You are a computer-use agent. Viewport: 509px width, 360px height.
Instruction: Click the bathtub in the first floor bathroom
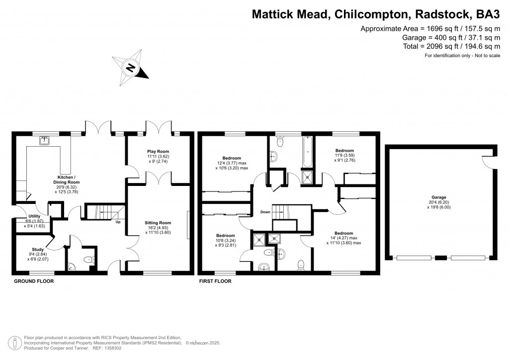click(x=307, y=152)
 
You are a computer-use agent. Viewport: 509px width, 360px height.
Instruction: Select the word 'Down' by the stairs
click(x=265, y=212)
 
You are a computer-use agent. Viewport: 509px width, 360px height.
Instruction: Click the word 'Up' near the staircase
click(x=118, y=222)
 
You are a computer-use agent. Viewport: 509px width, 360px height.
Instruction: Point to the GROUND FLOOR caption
click(x=33, y=281)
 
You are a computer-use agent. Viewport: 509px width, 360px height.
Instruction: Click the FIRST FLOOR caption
click(x=215, y=281)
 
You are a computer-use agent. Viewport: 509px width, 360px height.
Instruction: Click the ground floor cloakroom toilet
click(x=88, y=259)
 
